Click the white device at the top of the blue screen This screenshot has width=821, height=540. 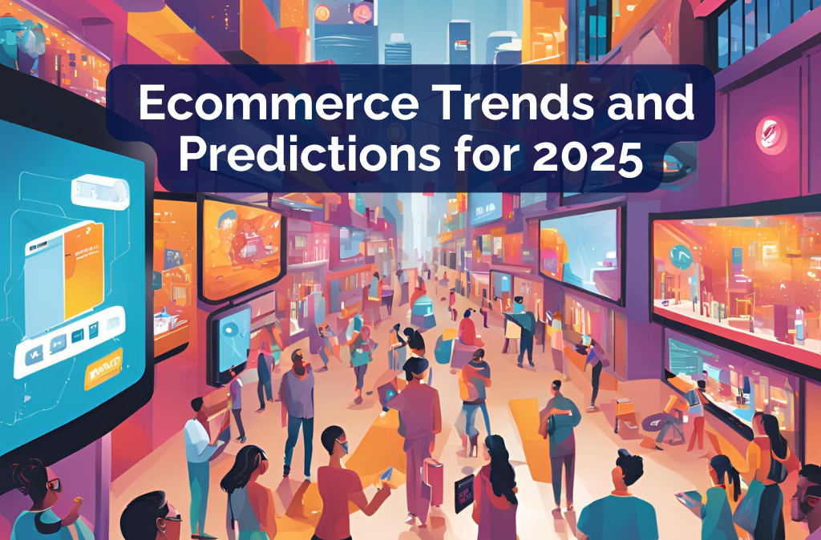click(99, 191)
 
